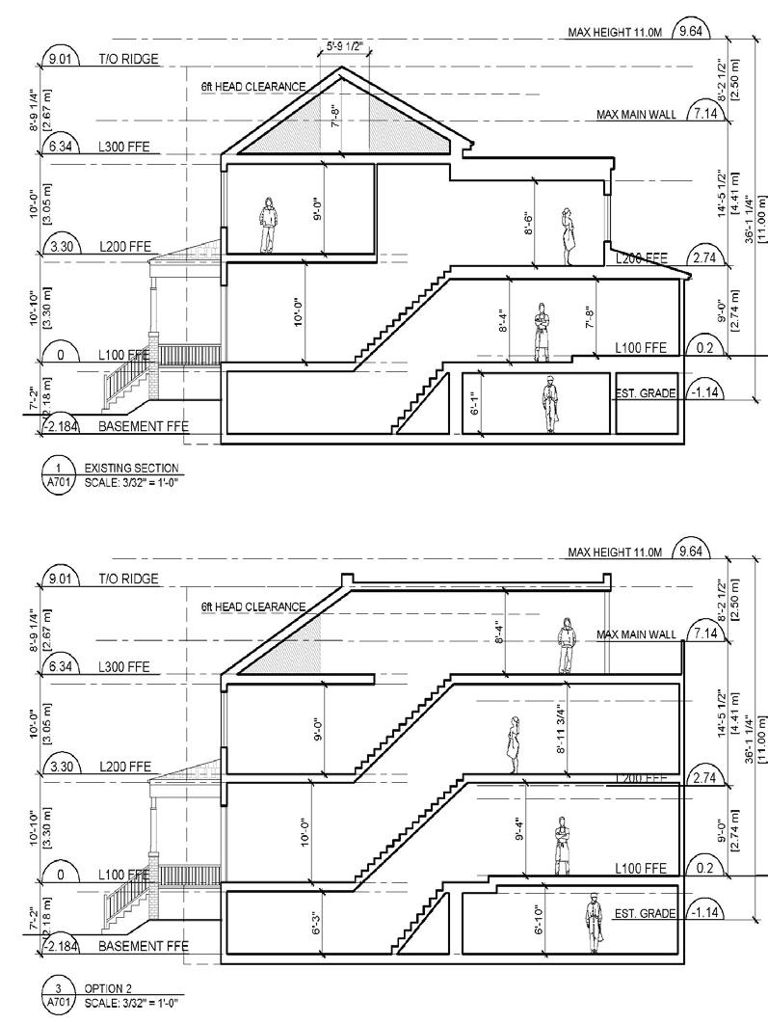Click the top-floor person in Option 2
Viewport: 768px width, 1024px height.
pyautogui.click(x=566, y=646)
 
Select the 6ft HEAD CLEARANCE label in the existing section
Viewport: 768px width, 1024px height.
pyautogui.click(x=252, y=87)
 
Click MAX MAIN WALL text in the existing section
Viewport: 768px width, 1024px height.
pyautogui.click(x=636, y=114)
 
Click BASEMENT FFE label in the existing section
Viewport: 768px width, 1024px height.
pyautogui.click(x=143, y=425)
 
